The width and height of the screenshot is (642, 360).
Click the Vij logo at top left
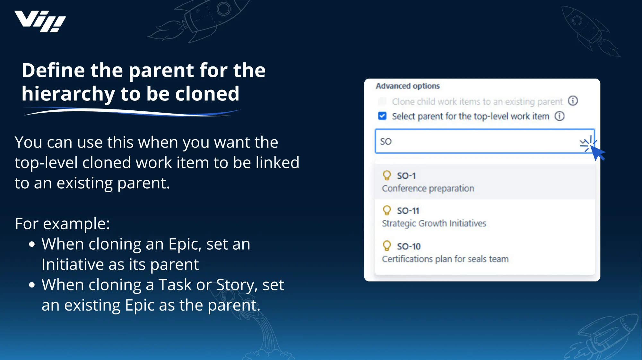coord(40,21)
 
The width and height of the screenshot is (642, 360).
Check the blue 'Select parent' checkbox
coord(382,116)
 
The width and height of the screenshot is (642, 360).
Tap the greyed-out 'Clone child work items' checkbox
coord(382,101)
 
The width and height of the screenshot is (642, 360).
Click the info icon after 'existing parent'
coord(573,101)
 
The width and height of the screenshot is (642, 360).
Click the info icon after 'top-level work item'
coord(560,116)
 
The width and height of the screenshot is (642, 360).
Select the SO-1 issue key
coord(406,176)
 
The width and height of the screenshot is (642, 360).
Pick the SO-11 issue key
coord(408,211)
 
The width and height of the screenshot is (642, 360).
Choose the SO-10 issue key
coord(409,246)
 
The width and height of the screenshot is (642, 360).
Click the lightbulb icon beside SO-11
coord(387,210)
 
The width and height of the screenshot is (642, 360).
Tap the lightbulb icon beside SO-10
coord(387,246)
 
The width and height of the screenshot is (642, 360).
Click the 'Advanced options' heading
coord(408,86)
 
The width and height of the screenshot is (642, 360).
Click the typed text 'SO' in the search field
coord(386,141)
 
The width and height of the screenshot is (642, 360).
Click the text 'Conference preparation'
coord(428,188)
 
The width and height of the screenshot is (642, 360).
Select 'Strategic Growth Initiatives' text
coord(434,223)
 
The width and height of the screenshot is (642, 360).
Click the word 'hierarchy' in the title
coord(68,94)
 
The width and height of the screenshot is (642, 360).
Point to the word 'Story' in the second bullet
coord(236,285)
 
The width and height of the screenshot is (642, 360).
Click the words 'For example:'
coord(62,224)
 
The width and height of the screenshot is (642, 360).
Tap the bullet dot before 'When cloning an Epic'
coord(31,244)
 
